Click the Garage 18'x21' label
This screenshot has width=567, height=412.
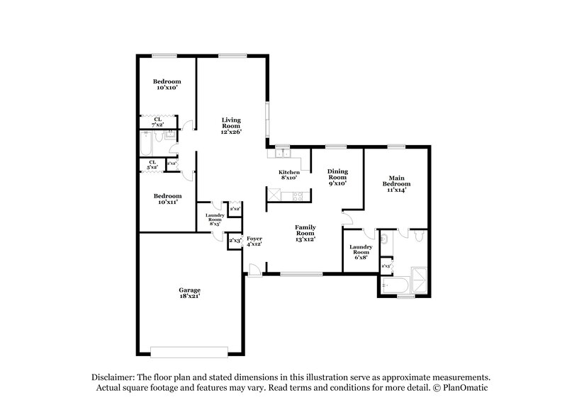(x=189, y=293)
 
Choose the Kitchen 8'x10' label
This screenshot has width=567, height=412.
(x=289, y=175)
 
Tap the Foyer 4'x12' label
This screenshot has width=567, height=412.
(x=254, y=241)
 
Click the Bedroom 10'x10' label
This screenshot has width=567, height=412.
(x=167, y=85)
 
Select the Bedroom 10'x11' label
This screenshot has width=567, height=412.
(x=167, y=199)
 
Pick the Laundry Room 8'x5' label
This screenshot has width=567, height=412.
(x=215, y=219)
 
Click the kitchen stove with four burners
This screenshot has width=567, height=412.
(x=273, y=194)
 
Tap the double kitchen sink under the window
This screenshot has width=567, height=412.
(x=282, y=152)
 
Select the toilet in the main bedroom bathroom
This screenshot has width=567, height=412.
(x=419, y=236)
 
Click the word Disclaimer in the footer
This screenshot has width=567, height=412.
(x=116, y=379)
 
